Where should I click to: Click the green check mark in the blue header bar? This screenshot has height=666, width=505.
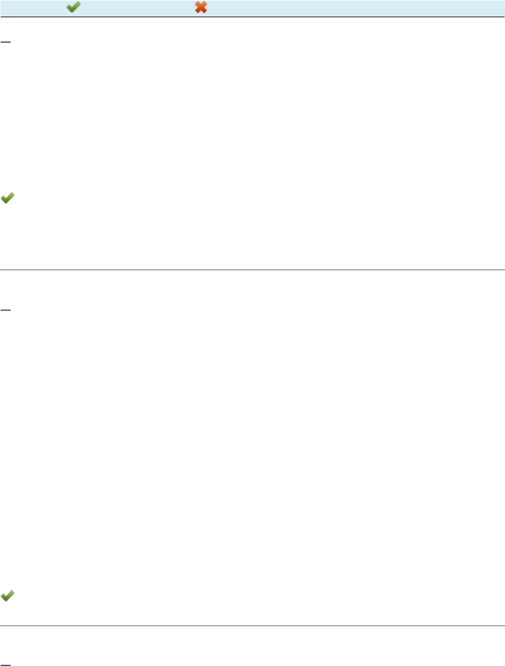point(73,8)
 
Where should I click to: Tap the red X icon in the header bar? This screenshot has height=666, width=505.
point(201,8)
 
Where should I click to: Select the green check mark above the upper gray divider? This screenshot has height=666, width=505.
point(8,199)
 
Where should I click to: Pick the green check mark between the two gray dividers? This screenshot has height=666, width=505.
point(8,597)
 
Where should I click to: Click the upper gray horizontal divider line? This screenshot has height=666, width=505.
point(252,270)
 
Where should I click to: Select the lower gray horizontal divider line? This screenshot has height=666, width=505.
point(252,625)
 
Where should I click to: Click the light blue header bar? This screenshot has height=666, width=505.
point(356,8)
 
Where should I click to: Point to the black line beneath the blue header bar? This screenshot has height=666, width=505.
point(252,17)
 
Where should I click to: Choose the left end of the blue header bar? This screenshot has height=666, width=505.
point(2,8)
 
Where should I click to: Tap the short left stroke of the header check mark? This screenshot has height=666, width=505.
point(69,8)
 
